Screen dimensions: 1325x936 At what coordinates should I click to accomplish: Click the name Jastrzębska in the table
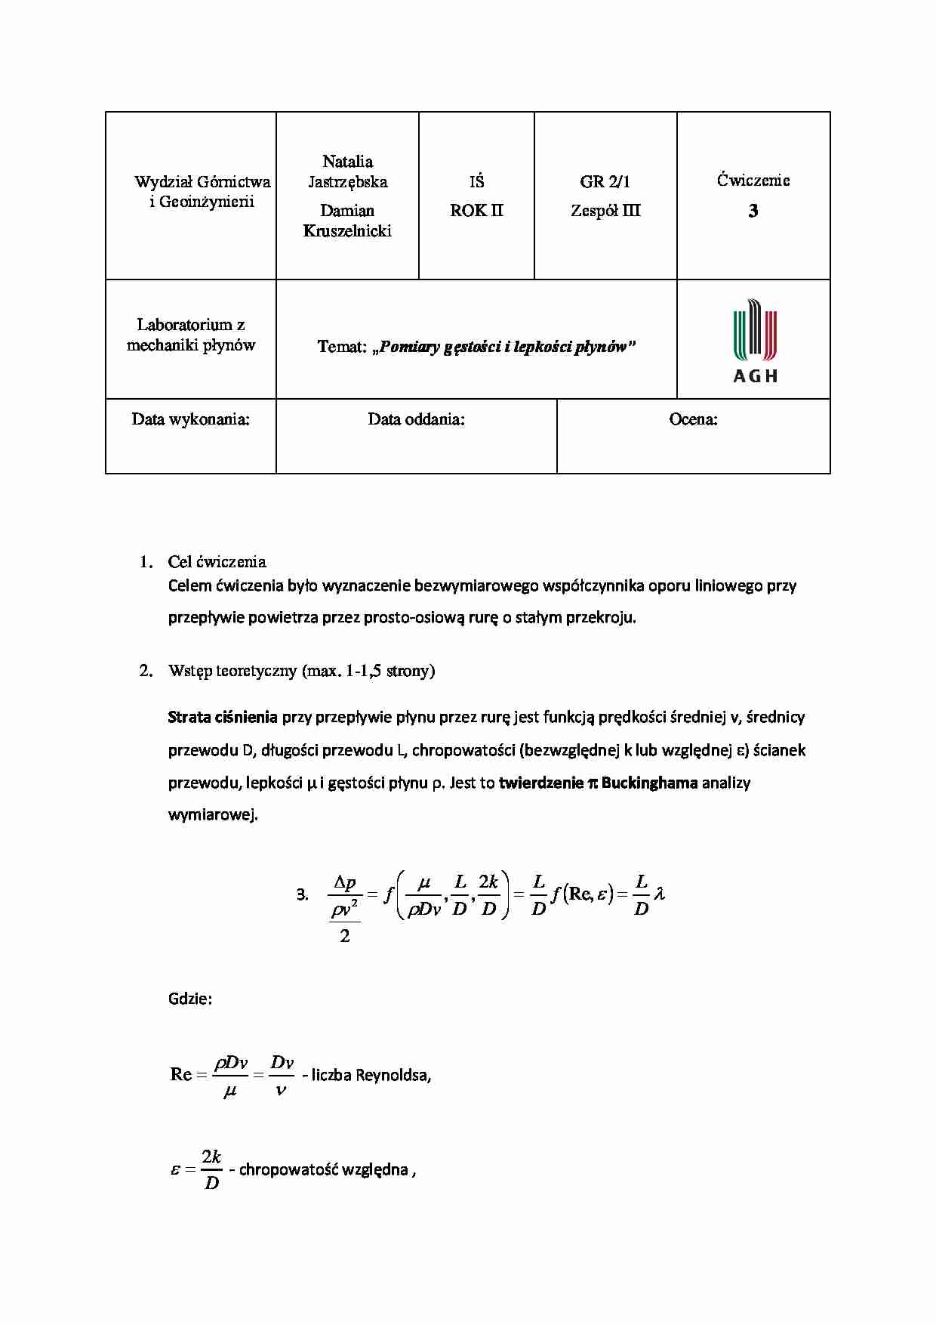pyautogui.click(x=347, y=182)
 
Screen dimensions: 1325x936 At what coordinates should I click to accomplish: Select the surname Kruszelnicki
pyautogui.click(x=347, y=231)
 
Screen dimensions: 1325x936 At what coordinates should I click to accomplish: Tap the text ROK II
pyautogui.click(x=476, y=211)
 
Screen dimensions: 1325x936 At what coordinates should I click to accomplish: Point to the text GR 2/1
pyautogui.click(x=605, y=181)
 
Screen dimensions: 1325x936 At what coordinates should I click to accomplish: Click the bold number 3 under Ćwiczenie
pyautogui.click(x=753, y=212)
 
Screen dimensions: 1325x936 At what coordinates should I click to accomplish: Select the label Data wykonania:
pyautogui.click(x=190, y=419)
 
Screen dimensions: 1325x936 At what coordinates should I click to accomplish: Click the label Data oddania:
pyautogui.click(x=416, y=419)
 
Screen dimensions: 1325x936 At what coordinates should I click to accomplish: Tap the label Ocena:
pyautogui.click(x=693, y=419)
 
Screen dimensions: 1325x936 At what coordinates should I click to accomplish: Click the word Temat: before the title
pyautogui.click(x=341, y=347)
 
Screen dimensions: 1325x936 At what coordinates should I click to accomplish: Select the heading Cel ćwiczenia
pyautogui.click(x=217, y=561)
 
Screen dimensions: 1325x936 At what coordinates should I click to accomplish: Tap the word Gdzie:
pyautogui.click(x=189, y=999)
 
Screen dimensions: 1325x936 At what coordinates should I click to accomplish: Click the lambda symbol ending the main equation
pyautogui.click(x=659, y=894)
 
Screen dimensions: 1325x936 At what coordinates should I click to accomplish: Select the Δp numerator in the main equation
pyautogui.click(x=345, y=882)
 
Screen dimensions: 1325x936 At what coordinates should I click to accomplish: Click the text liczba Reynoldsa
pyautogui.click(x=370, y=1075)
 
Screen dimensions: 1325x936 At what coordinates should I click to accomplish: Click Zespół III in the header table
pyautogui.click(x=605, y=211)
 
